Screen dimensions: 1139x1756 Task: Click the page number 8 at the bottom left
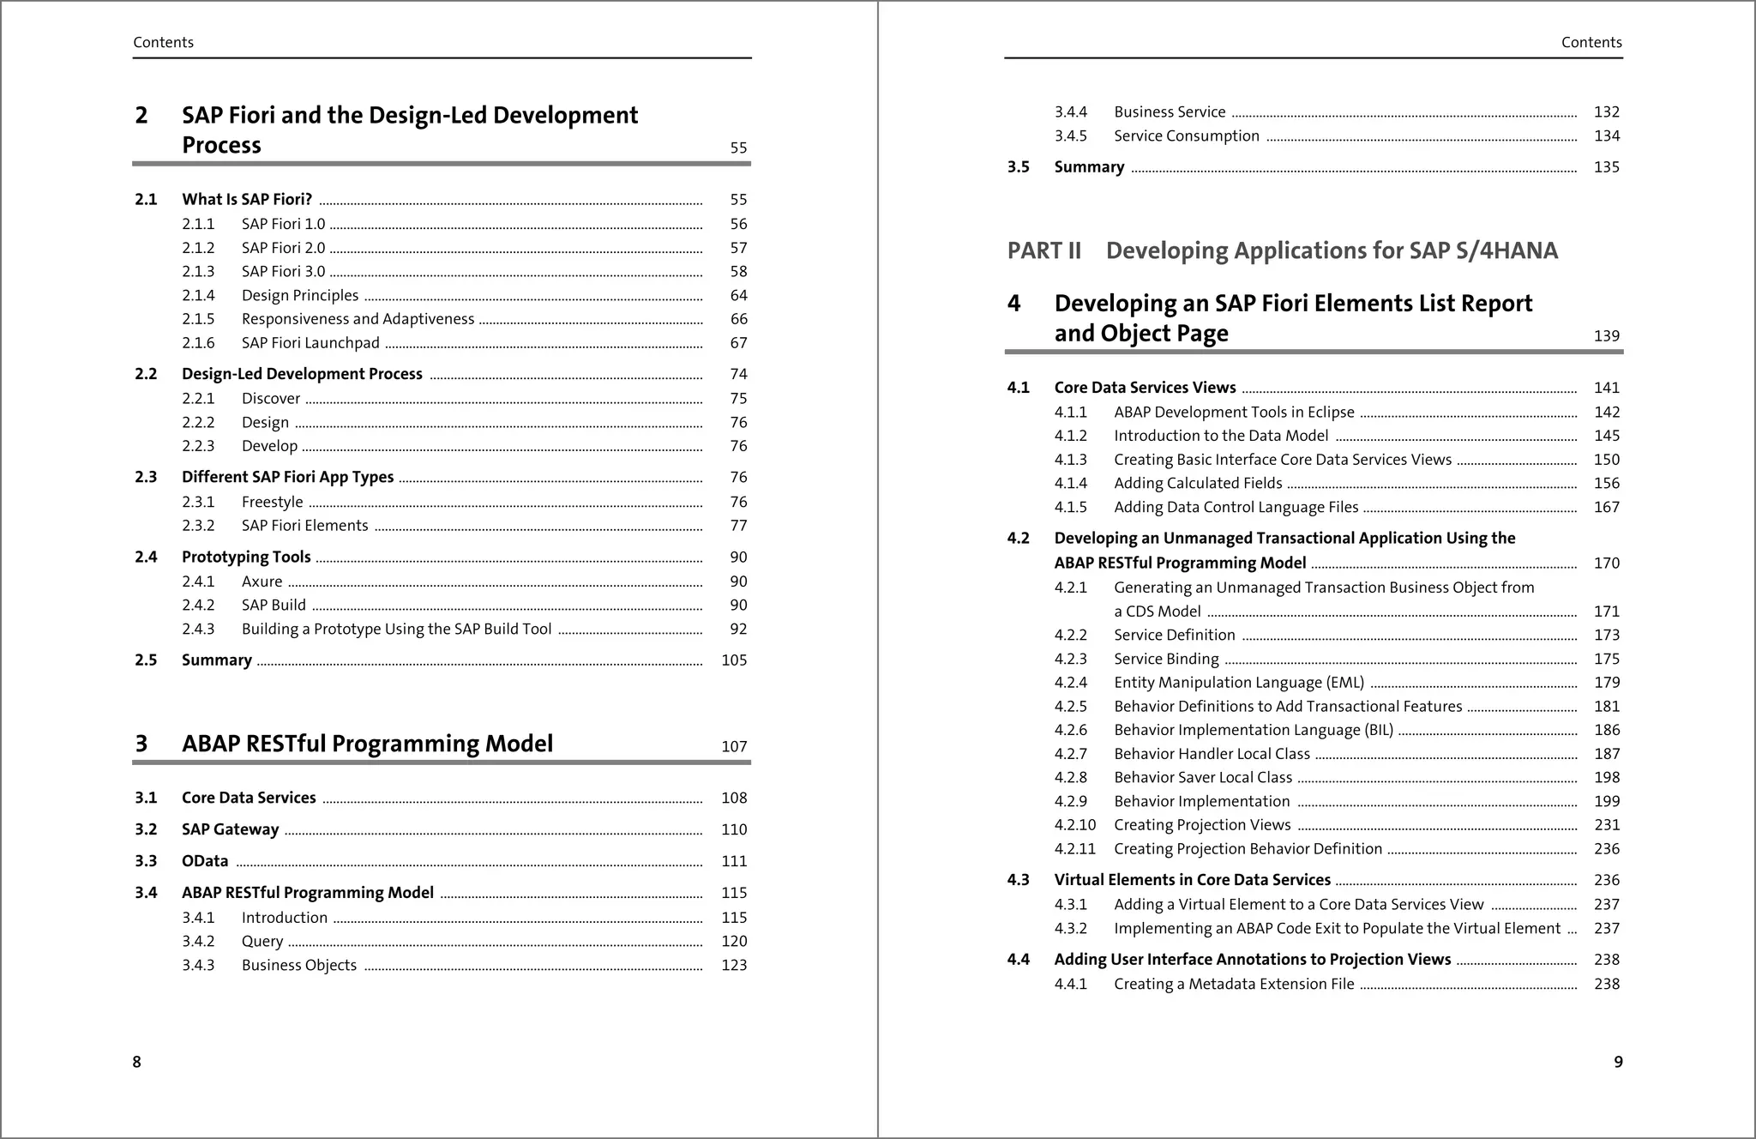click(x=136, y=1062)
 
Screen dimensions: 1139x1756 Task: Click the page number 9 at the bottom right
click(x=1618, y=1062)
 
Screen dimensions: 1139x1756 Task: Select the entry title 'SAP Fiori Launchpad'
click(x=310, y=343)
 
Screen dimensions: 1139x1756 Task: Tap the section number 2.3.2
click(x=198, y=526)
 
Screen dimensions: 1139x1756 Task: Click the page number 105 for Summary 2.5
click(x=734, y=660)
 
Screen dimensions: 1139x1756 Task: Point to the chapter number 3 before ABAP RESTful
click(x=141, y=744)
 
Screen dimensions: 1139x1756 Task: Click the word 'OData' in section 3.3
click(x=205, y=861)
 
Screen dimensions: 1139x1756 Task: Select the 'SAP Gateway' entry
click(x=230, y=829)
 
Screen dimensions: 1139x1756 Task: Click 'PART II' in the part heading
click(x=1043, y=251)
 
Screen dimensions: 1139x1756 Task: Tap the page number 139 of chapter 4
click(x=1606, y=336)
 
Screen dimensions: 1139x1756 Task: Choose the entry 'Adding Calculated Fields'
click(x=1198, y=484)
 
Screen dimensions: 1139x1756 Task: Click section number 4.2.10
click(x=1074, y=825)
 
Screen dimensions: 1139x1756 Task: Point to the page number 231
click(x=1606, y=825)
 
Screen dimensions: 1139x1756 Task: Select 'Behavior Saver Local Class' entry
click(x=1202, y=778)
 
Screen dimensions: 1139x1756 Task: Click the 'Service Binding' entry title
click(x=1166, y=660)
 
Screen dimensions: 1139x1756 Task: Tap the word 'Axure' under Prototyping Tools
click(x=262, y=582)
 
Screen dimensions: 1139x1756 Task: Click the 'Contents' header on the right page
click(x=1591, y=43)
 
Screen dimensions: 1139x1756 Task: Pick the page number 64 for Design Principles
click(x=738, y=296)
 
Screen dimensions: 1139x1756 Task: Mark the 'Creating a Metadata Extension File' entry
click(x=1234, y=985)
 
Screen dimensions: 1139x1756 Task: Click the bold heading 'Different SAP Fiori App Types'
click(x=287, y=477)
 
